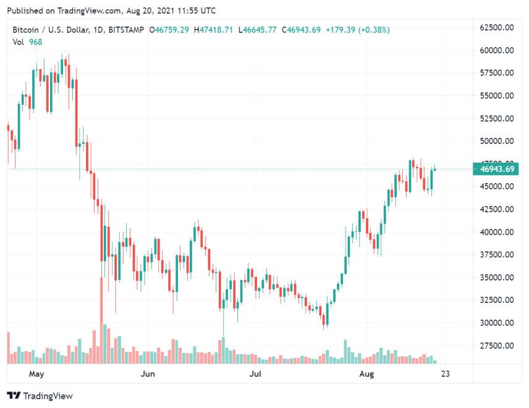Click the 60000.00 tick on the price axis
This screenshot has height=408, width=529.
[x=497, y=50]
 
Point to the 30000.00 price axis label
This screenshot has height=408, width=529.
[x=497, y=323]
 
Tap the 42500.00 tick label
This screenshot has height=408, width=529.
[x=497, y=209]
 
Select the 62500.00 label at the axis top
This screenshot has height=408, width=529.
[x=497, y=27]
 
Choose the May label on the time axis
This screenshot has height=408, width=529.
[x=37, y=374]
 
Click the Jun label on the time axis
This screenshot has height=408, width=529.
[x=147, y=374]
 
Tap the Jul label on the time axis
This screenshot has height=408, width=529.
[x=255, y=374]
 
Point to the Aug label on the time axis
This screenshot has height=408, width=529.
[x=367, y=374]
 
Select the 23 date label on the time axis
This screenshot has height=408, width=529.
[x=444, y=374]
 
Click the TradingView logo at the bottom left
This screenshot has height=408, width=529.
[x=40, y=396]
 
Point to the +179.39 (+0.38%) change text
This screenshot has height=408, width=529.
[x=359, y=30]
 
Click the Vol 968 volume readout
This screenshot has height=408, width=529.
[x=25, y=41]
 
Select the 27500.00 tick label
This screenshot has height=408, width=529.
[x=497, y=346]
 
